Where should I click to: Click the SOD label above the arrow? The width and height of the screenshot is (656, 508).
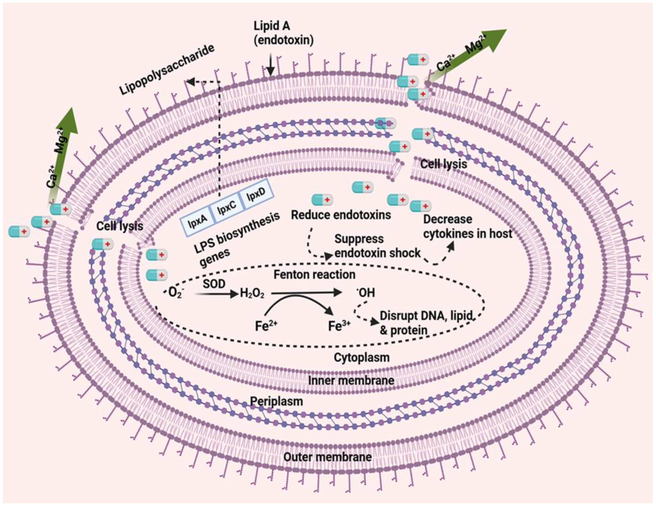tap(214, 284)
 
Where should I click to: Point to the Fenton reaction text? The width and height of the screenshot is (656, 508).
tap(314, 275)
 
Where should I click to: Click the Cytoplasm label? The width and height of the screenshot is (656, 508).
tap(362, 358)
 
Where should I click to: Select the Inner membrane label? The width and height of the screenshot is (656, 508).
tap(351, 380)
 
